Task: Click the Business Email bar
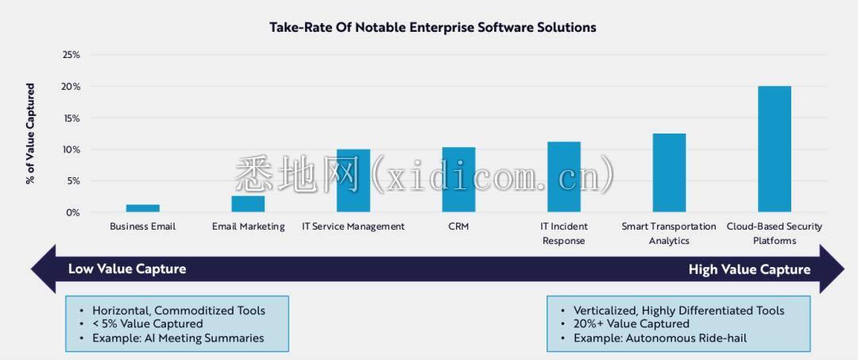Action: [x=143, y=208]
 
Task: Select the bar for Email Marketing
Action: [x=248, y=204]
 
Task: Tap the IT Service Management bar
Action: [x=354, y=181]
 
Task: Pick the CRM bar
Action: [x=458, y=180]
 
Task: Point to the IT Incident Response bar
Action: [x=564, y=177]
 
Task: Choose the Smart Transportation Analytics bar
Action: [x=669, y=173]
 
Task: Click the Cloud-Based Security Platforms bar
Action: [x=774, y=149]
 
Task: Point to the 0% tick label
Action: [x=73, y=212]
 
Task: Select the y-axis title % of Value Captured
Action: [x=30, y=134]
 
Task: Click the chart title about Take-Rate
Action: [x=432, y=27]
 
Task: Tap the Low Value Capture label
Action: [x=127, y=269]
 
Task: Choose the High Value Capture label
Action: [x=749, y=269]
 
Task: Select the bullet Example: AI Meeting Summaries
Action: [x=178, y=338]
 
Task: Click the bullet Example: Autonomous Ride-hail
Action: [x=659, y=338]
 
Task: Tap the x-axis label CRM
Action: [x=458, y=226]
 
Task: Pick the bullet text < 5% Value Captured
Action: [x=147, y=323]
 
